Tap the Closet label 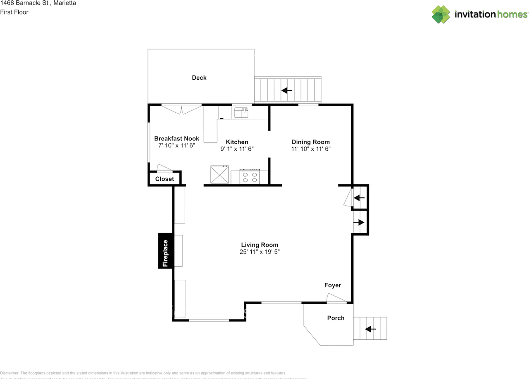pos(164,179)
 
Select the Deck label pos(199,78)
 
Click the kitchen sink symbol pos(241,112)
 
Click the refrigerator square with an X pos(219,174)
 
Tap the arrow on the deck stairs pos(287,90)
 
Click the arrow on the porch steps pos(370,329)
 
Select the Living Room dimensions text pos(260,251)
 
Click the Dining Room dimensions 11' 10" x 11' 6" pos(311,149)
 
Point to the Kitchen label pos(237,142)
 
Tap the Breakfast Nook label pos(176,138)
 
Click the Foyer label pos(333,285)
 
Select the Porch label pos(336,317)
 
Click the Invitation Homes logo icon pos(441,14)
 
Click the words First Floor pos(14,12)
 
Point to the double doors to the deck pos(181,109)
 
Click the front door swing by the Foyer pos(336,298)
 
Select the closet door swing pos(164,168)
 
